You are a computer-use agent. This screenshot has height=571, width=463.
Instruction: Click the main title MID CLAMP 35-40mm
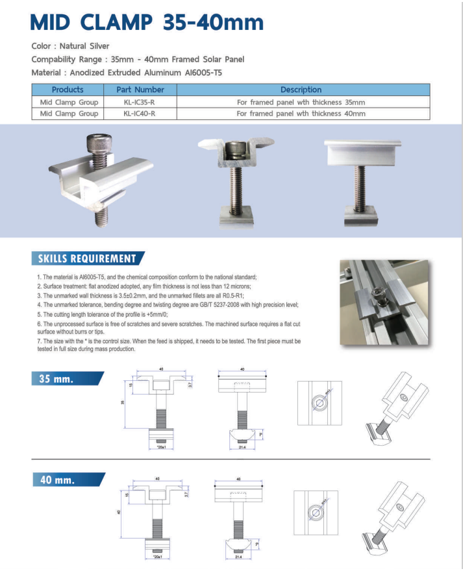pos(147,23)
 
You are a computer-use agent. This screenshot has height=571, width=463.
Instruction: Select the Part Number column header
pos(140,90)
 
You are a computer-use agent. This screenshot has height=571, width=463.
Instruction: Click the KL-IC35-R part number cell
pos(140,102)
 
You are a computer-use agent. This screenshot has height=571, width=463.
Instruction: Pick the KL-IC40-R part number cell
pos(140,114)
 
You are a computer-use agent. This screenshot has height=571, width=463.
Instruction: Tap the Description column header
pos(301,90)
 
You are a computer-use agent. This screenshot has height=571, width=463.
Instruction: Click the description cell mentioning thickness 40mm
pos(301,114)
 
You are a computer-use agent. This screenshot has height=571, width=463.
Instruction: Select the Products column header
pos(68,90)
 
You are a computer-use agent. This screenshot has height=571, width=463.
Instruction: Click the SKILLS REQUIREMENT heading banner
pos(87,259)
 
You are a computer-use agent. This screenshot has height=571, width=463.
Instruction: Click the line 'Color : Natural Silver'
pos(71,46)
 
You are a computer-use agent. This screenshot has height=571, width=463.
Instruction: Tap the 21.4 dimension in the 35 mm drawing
pos(242,448)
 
